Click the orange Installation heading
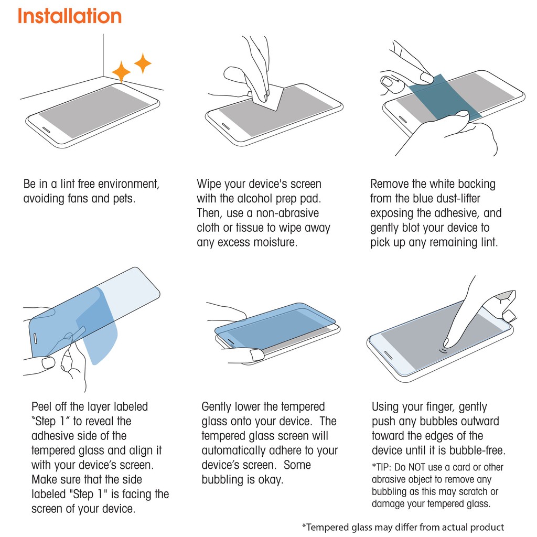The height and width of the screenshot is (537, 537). pyautogui.click(x=70, y=16)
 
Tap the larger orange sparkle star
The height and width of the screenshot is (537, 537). pyautogui.click(x=121, y=72)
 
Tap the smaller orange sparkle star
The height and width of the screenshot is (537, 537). pyautogui.click(x=143, y=63)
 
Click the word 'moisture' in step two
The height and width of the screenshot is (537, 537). pyautogui.click(x=275, y=242)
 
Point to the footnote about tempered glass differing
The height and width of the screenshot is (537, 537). pyautogui.click(x=403, y=527)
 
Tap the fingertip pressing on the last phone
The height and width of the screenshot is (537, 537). pyautogui.click(x=447, y=343)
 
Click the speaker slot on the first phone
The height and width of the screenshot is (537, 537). pyautogui.click(x=46, y=131)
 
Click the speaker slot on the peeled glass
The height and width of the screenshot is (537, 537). pyautogui.click(x=35, y=338)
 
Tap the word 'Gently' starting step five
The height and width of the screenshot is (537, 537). pyautogui.click(x=217, y=407)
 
